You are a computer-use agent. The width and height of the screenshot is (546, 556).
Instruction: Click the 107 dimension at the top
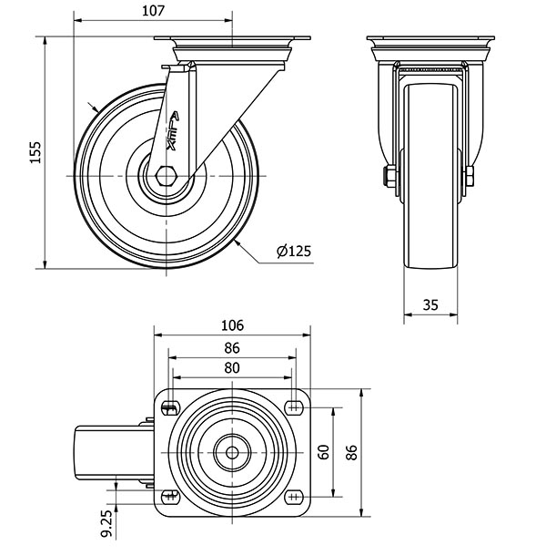(x=153, y=11)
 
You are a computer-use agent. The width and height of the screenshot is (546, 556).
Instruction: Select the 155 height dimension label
(x=35, y=152)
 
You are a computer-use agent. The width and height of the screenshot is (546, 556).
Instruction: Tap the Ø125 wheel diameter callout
(x=292, y=252)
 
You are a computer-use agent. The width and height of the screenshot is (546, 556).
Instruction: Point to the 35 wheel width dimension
(x=432, y=306)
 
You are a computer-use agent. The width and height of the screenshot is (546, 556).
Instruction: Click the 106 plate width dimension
(x=232, y=325)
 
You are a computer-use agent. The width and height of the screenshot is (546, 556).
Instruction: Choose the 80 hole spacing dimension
(x=232, y=368)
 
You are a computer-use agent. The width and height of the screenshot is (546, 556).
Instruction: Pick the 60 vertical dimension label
(x=323, y=452)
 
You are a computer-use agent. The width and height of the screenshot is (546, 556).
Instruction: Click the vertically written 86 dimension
(x=352, y=452)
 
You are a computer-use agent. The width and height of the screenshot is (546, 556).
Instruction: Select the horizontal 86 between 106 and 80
(x=232, y=347)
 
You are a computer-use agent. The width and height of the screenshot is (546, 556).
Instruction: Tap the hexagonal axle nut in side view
(x=165, y=175)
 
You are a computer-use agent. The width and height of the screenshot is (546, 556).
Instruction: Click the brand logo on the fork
(x=175, y=129)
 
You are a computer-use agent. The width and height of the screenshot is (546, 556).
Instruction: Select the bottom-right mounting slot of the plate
(x=295, y=497)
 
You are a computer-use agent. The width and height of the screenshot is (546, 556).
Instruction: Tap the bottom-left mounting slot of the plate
(x=169, y=497)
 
